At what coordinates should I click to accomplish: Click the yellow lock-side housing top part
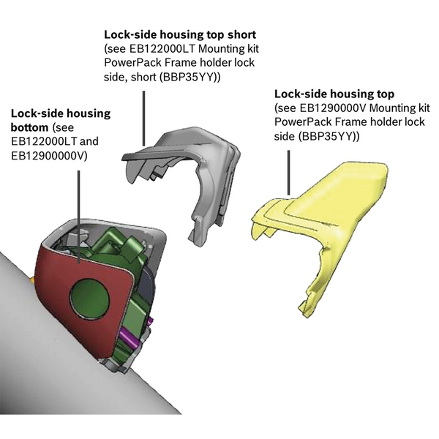pyautogui.click(x=329, y=212)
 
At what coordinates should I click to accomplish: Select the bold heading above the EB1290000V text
pyautogui.click(x=334, y=94)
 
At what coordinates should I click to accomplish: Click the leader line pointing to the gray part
pyautogui.click(x=143, y=117)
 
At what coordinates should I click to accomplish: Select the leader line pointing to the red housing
pyautogui.click(x=79, y=212)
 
